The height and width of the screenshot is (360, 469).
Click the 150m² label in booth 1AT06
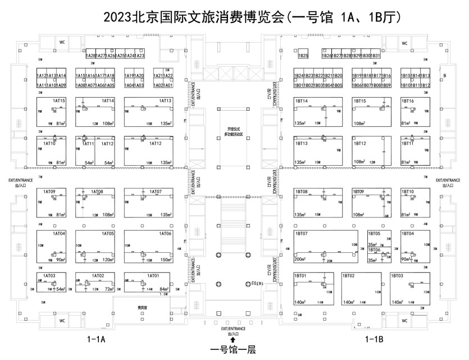pos(166,260)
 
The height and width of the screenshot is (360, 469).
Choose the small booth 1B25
pos(303,56)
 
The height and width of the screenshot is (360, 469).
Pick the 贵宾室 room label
pos(143,308)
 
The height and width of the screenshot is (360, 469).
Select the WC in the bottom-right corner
pos(404,321)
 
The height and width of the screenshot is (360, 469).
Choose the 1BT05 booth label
pos(374,233)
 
